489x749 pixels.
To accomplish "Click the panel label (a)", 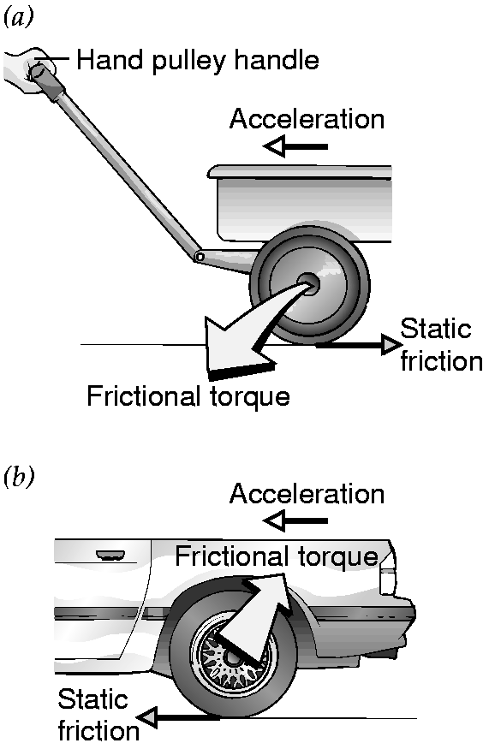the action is pyautogui.click(x=19, y=18).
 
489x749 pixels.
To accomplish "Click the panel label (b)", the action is pyautogui.click(x=19, y=479).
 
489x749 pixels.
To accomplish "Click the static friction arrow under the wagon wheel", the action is pyautogui.click(x=359, y=344).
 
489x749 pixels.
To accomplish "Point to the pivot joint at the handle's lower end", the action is pyautogui.click(x=200, y=257).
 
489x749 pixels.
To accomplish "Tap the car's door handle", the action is pyautogui.click(x=110, y=555).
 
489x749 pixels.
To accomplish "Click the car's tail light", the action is pyautogui.click(x=387, y=578).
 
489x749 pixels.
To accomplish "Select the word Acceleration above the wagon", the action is pyautogui.click(x=307, y=119).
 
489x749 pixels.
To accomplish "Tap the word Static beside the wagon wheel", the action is pyautogui.click(x=435, y=329).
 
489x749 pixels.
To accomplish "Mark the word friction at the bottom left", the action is pyautogui.click(x=98, y=731).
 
